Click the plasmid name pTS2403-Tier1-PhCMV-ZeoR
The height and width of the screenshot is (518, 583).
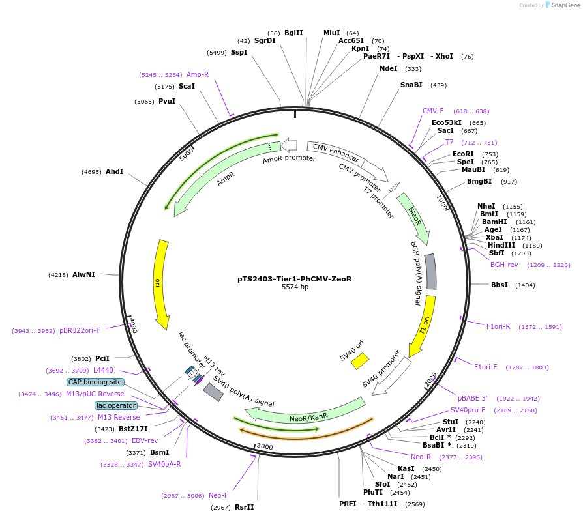coord(294,278)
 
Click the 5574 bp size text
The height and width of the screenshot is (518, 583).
coord(295,287)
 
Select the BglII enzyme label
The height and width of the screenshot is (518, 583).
coord(293,33)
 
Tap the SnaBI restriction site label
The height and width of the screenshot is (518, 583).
coord(411,85)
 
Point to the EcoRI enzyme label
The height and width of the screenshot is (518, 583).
coord(463,154)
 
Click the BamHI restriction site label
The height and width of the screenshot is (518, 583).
coord(493,222)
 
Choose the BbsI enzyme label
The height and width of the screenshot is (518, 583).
coord(500,285)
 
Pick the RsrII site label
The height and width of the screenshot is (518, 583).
coord(245,506)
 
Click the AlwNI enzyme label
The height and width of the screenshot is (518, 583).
coord(83,274)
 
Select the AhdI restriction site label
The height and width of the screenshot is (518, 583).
coord(114,171)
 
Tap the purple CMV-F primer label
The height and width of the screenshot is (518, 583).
coord(433,111)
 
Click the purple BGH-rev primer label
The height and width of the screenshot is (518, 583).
coord(504,265)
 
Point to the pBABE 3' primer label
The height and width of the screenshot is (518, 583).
coord(472,397)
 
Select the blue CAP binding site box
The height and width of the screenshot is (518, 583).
coord(95,382)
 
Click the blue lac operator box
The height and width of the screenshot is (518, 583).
coord(116,405)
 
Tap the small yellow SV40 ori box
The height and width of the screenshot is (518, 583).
coord(360,361)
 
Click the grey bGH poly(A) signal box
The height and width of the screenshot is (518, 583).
coord(430,271)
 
